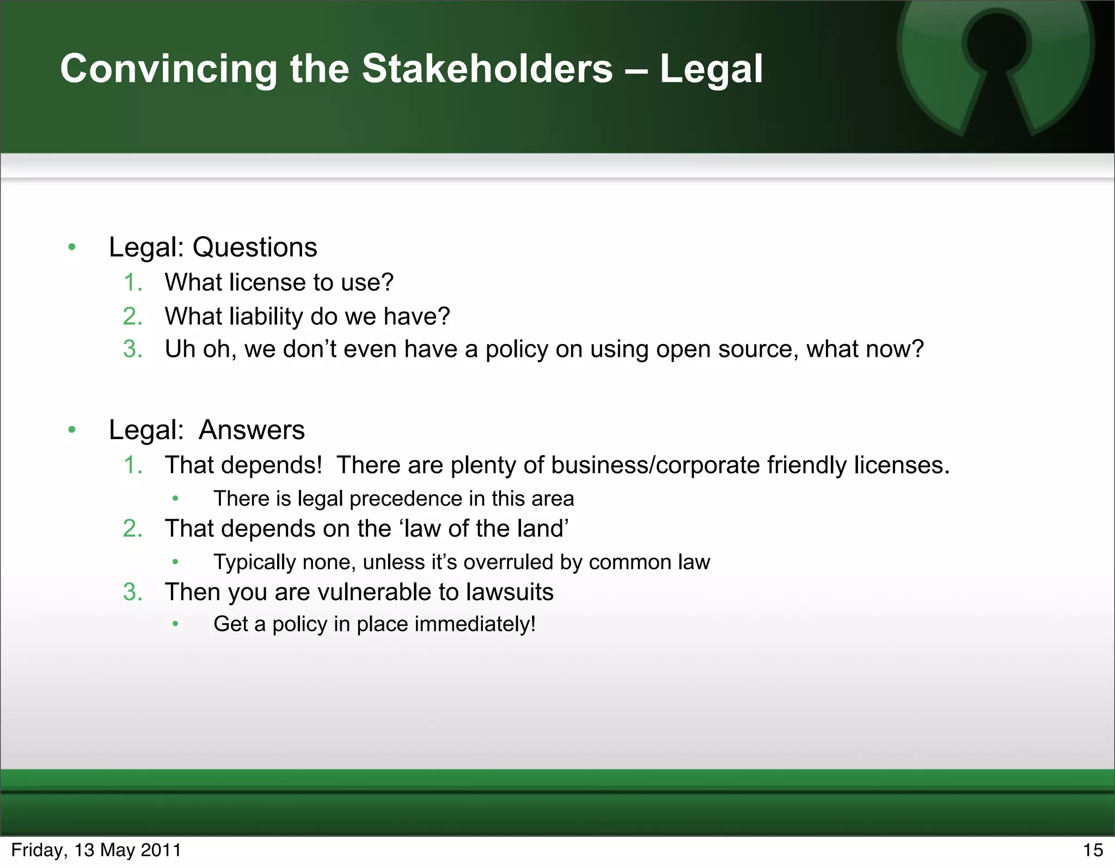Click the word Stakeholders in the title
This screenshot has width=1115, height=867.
pos(487,69)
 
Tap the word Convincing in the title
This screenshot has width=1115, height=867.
pos(169,70)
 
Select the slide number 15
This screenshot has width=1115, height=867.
pos(1093,850)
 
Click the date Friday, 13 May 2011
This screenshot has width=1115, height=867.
pos(96,850)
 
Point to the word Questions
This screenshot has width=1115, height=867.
pos(255,248)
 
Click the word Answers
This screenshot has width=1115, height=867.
pos(252,430)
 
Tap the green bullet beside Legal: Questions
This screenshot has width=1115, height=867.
pos(72,248)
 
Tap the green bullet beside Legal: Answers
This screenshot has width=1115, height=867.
pos(72,431)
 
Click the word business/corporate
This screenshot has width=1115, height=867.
pos(655,465)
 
